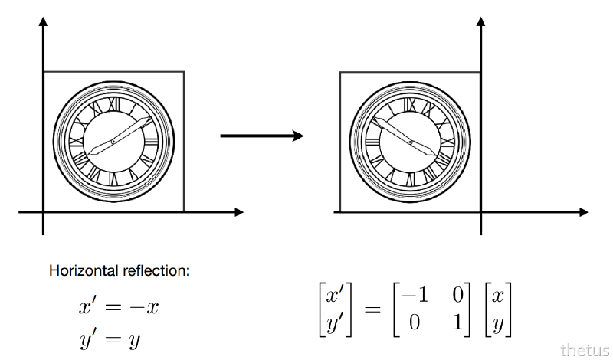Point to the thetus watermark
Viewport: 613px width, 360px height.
(585, 350)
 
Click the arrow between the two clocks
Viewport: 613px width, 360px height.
(261, 136)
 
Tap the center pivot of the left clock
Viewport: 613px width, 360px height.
(113, 142)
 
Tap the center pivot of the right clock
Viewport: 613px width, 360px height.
(411, 142)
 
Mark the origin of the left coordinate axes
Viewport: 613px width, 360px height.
(43, 211)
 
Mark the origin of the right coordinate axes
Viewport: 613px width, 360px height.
(480, 211)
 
